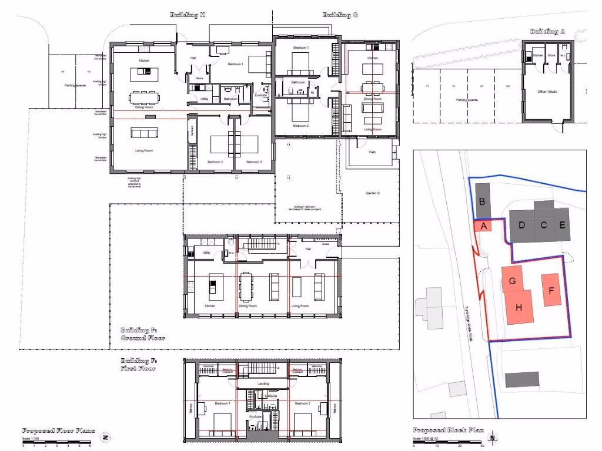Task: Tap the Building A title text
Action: tap(547, 32)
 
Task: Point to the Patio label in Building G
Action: tap(373, 153)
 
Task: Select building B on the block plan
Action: tap(483, 202)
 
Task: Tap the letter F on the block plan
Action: tap(551, 290)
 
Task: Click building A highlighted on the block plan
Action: tap(483, 226)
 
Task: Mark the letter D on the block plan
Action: tap(521, 225)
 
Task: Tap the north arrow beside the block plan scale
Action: tap(493, 437)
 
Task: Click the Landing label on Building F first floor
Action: tap(263, 383)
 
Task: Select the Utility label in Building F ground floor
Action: tap(206, 253)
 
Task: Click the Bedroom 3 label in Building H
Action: tap(253, 161)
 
